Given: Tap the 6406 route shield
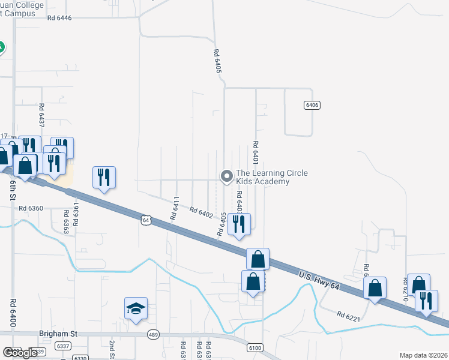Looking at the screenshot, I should coord(312,105).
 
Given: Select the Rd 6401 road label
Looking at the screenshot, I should coord(256,153).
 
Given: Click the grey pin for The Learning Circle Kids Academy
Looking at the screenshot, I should coord(226,176).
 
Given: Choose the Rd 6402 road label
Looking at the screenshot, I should coord(201,212).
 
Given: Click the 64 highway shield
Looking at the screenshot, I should coord(146,220).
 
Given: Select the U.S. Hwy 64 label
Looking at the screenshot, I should coord(319,280).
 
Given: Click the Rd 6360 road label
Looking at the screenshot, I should coord(31,208).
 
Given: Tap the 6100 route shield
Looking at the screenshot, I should coord(255,348).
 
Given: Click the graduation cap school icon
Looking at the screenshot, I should coord(136,308).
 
